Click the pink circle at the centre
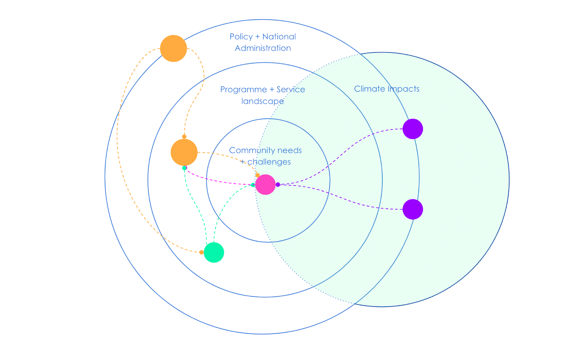tap(265, 185)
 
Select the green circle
tap(214, 252)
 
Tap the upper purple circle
tap(413, 129)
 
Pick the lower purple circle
tap(413, 209)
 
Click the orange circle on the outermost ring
tap(174, 48)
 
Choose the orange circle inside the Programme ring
tap(184, 152)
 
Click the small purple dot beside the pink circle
tap(278, 185)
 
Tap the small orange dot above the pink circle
tap(257, 175)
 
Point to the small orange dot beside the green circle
tap(201, 252)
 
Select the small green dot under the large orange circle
tap(184, 168)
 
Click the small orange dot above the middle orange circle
tap(184, 137)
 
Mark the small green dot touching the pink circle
tap(253, 185)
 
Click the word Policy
tap(241, 37)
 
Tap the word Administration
tap(263, 48)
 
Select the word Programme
tap(243, 90)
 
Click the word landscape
tap(262, 101)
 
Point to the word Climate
tap(369, 89)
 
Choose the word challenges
tap(269, 162)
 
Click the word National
tap(279, 37)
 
